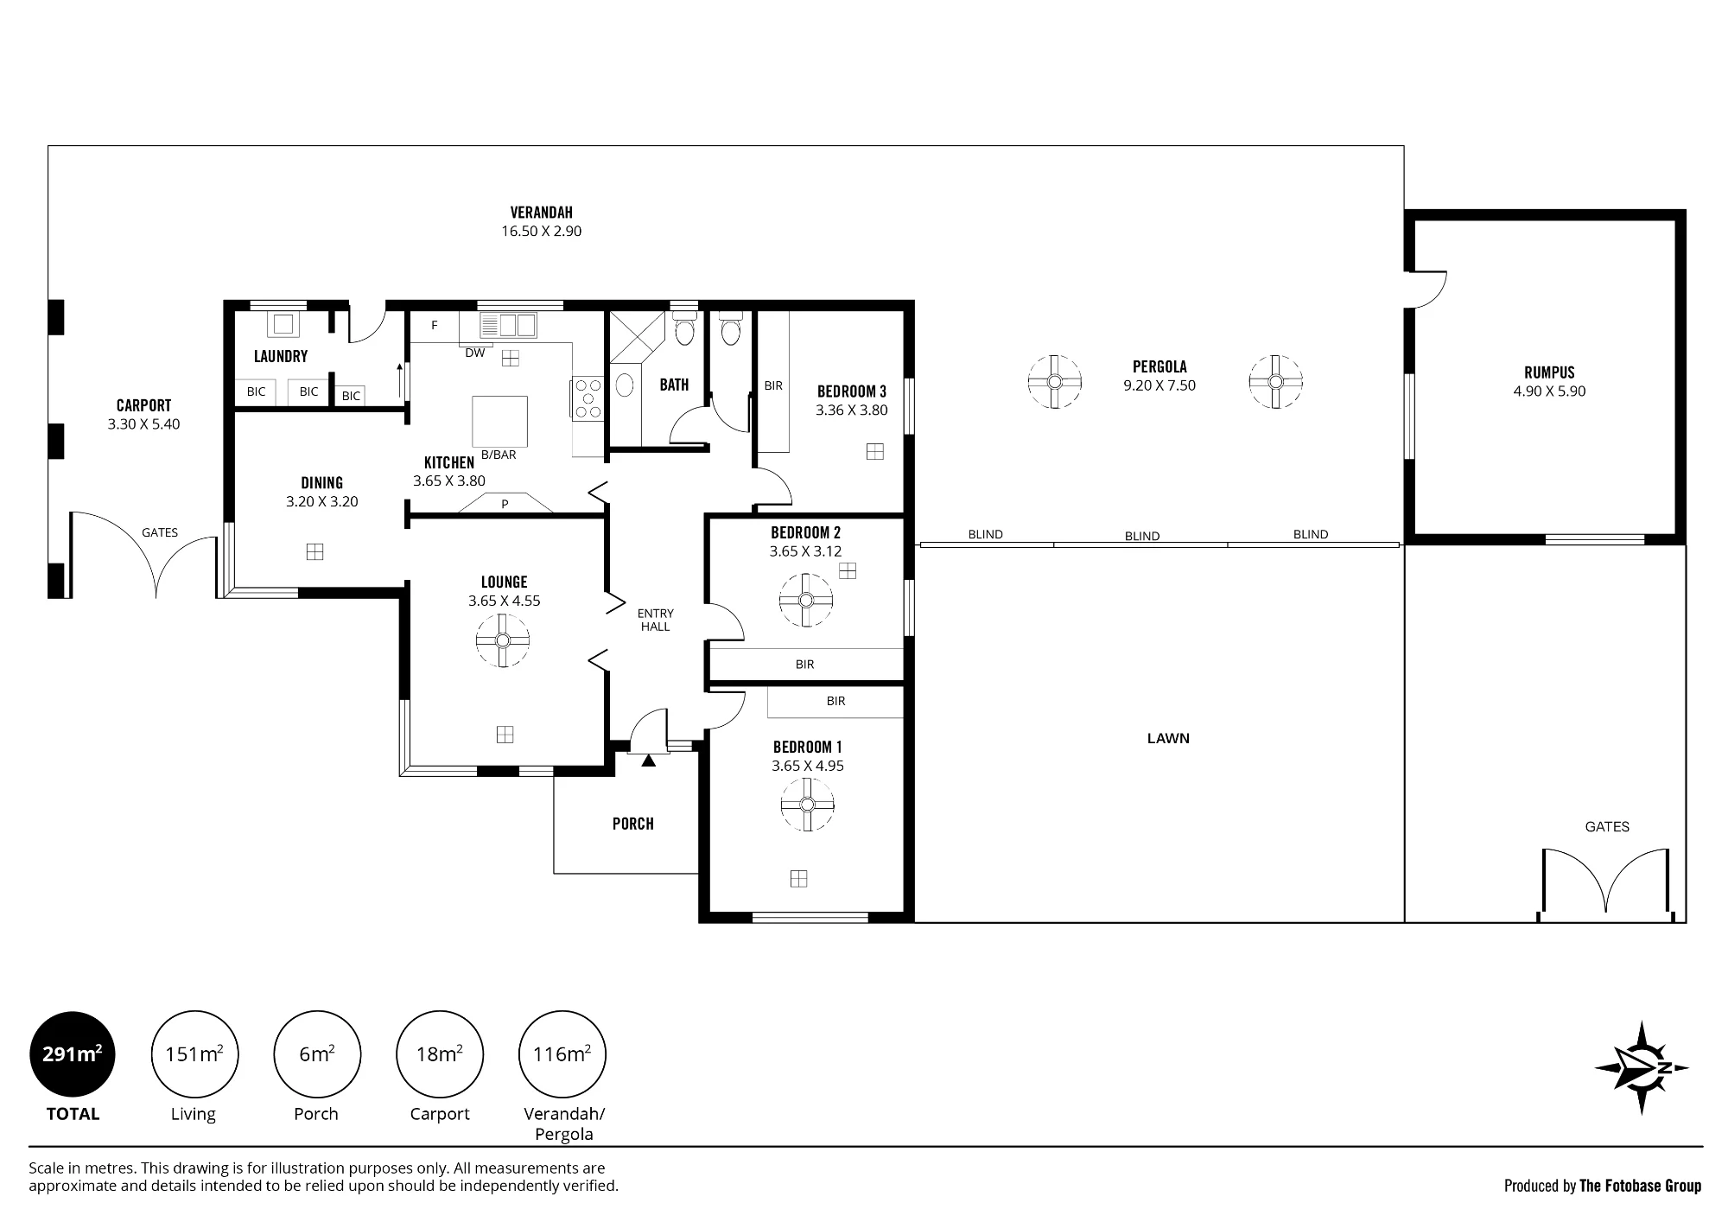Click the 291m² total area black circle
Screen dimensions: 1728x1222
[x=73, y=1054]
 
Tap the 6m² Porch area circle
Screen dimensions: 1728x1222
[x=317, y=1054]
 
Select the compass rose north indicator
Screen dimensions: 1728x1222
[x=1641, y=1068]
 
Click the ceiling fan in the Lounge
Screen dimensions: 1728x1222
[x=503, y=640]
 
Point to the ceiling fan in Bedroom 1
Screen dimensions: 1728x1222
[x=807, y=805]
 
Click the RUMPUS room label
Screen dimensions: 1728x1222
[x=1549, y=372]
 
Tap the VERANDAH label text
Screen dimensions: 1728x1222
[x=541, y=212]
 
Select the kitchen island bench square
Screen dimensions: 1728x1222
[x=499, y=422]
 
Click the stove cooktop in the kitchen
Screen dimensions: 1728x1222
[x=588, y=399]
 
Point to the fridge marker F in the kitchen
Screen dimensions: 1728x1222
[x=435, y=326]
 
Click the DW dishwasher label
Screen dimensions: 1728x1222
[x=475, y=353]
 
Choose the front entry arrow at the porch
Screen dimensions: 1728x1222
[x=649, y=760]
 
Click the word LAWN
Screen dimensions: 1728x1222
[x=1168, y=738]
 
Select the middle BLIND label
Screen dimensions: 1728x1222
[x=1142, y=536]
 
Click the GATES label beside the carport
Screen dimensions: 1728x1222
[x=160, y=532]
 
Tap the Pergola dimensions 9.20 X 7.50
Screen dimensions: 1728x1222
[x=1159, y=385]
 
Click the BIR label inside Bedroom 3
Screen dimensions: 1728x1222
[x=773, y=385]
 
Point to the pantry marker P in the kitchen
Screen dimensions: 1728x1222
[x=505, y=504]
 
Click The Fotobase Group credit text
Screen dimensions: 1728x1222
[x=1640, y=1186]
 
